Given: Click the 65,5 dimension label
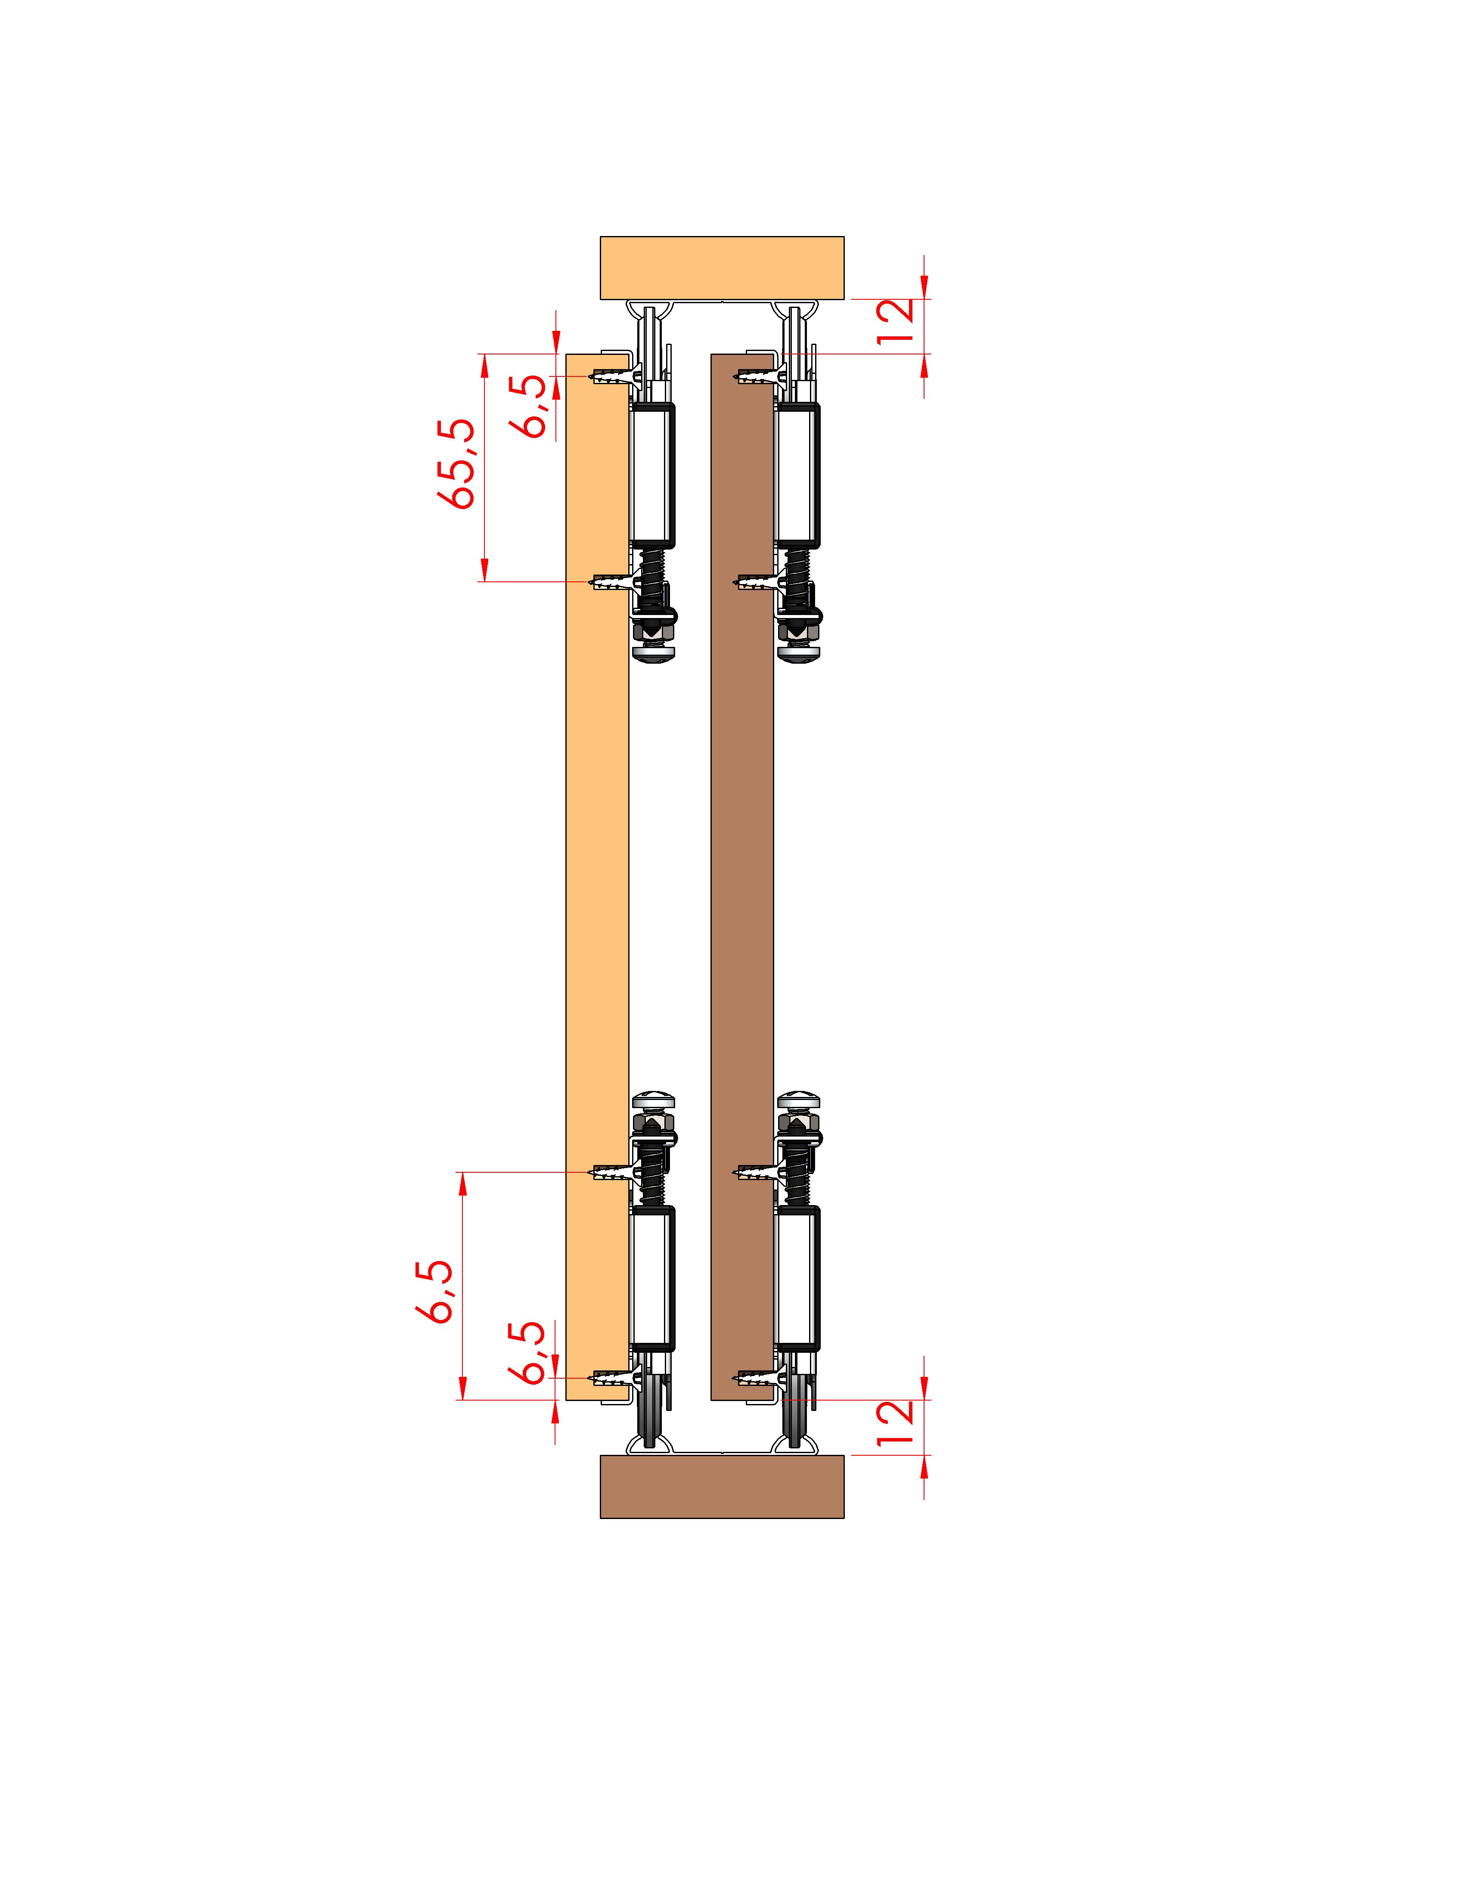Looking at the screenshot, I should point(456,463).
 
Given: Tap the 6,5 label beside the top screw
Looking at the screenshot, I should point(528,406).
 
